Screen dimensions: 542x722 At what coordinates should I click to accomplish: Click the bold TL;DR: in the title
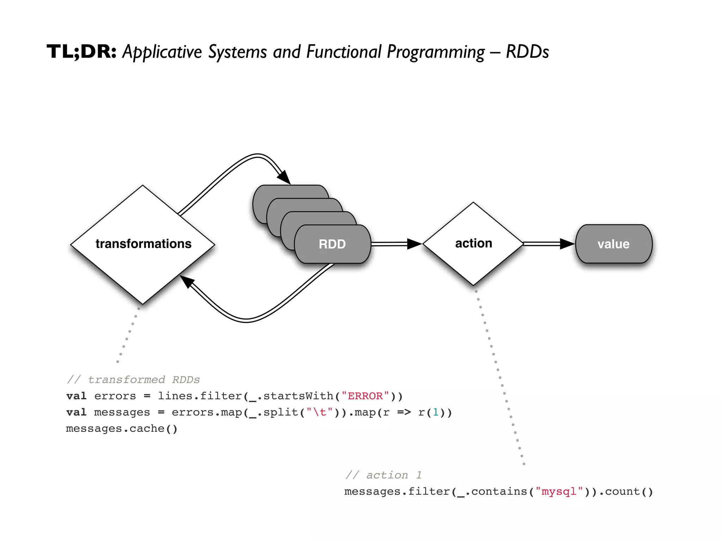(x=81, y=52)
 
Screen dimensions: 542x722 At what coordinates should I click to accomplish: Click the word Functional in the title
(x=344, y=52)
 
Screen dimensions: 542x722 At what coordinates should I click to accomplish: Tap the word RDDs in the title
(x=527, y=52)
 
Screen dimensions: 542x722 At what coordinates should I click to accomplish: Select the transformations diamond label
(x=143, y=244)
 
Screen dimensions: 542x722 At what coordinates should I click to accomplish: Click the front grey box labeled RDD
(x=332, y=244)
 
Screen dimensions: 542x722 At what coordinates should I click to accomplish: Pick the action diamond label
(x=473, y=243)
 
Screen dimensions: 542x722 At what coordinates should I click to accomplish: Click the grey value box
(x=613, y=244)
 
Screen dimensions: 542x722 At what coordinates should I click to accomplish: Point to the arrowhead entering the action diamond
(x=415, y=244)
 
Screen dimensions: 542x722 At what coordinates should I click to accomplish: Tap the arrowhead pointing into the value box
(x=567, y=244)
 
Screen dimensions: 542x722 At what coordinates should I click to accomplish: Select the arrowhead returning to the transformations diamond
(x=187, y=282)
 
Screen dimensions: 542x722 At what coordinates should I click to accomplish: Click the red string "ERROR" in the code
(x=365, y=396)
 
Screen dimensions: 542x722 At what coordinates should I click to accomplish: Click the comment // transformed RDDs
(x=133, y=380)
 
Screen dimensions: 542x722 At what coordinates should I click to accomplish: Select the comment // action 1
(x=384, y=475)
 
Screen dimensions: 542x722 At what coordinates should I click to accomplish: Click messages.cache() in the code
(x=122, y=428)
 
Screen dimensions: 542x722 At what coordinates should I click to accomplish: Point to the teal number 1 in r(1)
(x=435, y=412)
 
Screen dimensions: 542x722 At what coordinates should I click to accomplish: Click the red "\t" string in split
(x=319, y=412)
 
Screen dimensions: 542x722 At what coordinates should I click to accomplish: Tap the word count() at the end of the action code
(x=629, y=492)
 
